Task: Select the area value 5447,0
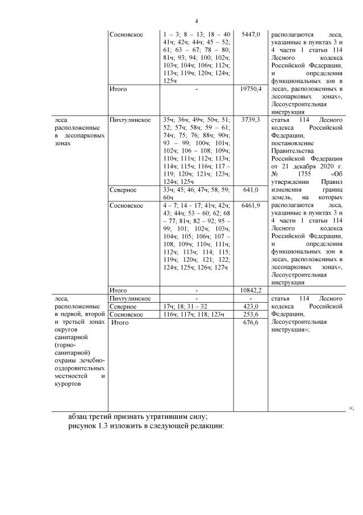click(x=250, y=35)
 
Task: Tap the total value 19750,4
click(x=250, y=89)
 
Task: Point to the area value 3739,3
click(x=250, y=120)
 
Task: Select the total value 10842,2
click(x=250, y=290)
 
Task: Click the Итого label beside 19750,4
click(x=118, y=89)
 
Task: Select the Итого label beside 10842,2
click(x=118, y=290)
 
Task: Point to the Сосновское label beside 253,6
click(x=126, y=314)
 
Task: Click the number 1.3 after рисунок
click(x=107, y=426)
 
